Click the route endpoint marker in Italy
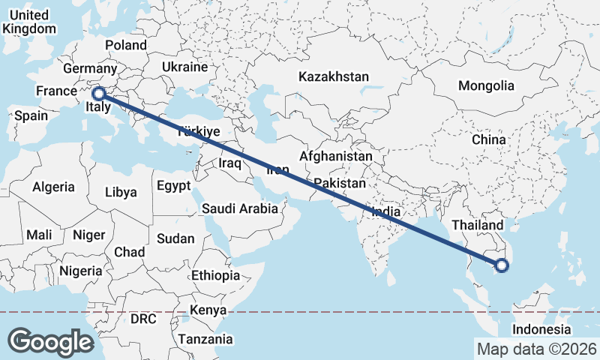tap(97, 94)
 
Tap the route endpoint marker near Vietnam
tap(502, 265)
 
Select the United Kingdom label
tap(29, 22)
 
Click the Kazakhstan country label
tap(334, 76)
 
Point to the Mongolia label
tap(486, 85)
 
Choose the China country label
tap(489, 139)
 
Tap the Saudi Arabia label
tap(240, 209)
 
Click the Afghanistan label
tap(336, 157)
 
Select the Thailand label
tap(478, 225)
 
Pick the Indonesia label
tap(542, 330)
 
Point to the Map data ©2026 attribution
tap(536, 349)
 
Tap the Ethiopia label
tap(215, 275)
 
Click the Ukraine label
tap(184, 67)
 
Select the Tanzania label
tap(205, 339)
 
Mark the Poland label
tap(126, 45)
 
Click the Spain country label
tap(31, 115)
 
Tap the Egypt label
tap(173, 184)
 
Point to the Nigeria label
tap(80, 271)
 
